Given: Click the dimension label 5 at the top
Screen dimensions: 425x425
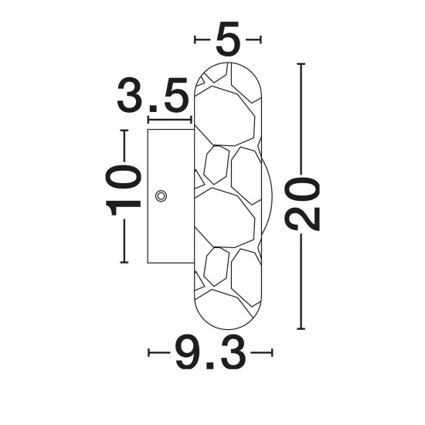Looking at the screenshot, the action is [228, 39].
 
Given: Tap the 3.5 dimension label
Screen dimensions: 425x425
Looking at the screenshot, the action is [152, 94].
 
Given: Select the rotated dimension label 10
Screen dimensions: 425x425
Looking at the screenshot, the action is [123, 190].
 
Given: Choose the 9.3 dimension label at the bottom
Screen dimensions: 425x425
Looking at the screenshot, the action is [211, 352].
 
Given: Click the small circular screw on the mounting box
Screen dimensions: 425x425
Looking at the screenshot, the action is [161, 196].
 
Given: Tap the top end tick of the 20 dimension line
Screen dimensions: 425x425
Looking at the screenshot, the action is [301, 64].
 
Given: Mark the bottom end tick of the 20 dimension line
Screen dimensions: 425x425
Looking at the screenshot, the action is [301, 328].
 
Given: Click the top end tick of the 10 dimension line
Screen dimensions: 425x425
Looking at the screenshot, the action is [124, 131].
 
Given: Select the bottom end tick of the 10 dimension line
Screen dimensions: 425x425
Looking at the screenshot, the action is [124, 262].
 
